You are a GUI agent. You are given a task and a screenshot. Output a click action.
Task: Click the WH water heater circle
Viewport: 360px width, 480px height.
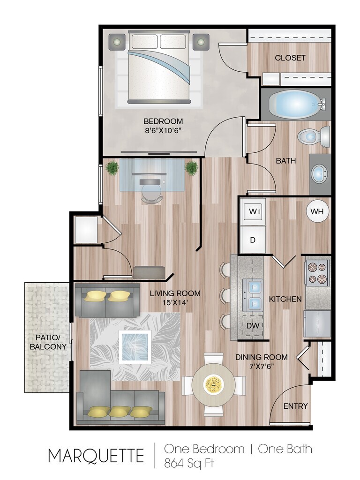tap(318, 211)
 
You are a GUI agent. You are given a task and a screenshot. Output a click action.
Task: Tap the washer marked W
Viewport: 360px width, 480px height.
tap(253, 211)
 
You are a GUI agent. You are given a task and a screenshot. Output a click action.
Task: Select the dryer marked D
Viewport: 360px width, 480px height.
tap(253, 240)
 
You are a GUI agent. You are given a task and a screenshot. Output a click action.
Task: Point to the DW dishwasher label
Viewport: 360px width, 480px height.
tap(253, 325)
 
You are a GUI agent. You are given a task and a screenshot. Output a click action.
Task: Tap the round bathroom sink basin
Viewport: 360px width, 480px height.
tap(319, 174)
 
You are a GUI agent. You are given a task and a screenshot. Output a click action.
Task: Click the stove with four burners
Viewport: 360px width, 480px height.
tap(317, 273)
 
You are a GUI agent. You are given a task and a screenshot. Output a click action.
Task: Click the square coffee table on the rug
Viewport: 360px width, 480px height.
tap(135, 346)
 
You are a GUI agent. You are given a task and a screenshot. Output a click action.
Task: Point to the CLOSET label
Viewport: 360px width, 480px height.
tap(290, 58)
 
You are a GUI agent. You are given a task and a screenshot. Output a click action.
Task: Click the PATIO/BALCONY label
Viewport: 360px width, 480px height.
tap(48, 342)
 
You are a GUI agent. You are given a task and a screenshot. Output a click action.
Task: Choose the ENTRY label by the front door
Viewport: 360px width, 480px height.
tap(295, 406)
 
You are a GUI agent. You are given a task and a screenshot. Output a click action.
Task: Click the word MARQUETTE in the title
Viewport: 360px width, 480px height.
tap(96, 456)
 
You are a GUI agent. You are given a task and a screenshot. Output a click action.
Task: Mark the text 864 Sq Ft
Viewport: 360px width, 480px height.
tap(189, 463)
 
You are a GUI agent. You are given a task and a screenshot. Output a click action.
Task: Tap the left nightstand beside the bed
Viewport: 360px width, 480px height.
tap(117, 42)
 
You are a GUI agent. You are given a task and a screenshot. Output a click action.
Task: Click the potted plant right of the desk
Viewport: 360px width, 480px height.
tap(191, 168)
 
